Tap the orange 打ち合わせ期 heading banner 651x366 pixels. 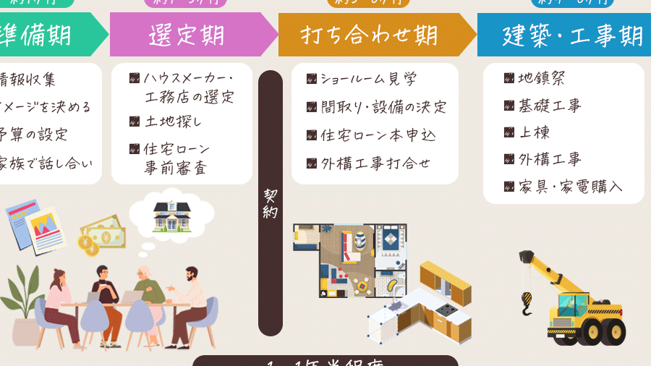click(x=370, y=35)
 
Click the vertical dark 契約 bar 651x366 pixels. click(x=270, y=203)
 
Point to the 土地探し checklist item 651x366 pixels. click(x=173, y=122)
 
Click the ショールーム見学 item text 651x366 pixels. click(x=368, y=80)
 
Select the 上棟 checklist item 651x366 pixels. click(x=535, y=132)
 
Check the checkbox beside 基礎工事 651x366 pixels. click(x=509, y=106)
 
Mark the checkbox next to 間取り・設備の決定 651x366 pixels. click(x=312, y=107)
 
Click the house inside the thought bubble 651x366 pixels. click(x=171, y=215)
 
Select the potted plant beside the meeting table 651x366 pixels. click(x=22, y=304)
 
